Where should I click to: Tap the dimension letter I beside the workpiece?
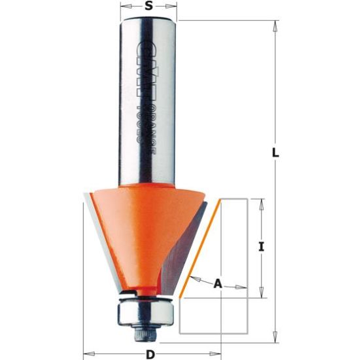pos(261,247)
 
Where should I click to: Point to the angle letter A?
pos(218,283)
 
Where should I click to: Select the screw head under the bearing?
pos(145,334)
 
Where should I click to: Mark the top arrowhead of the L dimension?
pos(275,24)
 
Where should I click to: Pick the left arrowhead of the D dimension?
pos(87,355)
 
